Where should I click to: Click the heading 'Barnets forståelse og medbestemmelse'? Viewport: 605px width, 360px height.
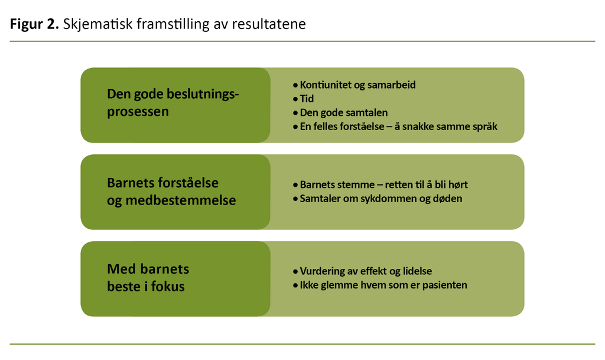pos(171,192)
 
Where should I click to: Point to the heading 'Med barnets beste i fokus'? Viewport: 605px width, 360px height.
pos(148,278)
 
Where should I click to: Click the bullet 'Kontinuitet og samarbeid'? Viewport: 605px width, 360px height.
pos(357,85)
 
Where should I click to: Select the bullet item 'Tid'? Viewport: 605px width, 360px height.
pos(307,99)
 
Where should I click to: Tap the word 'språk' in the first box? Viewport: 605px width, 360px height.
pos(484,127)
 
